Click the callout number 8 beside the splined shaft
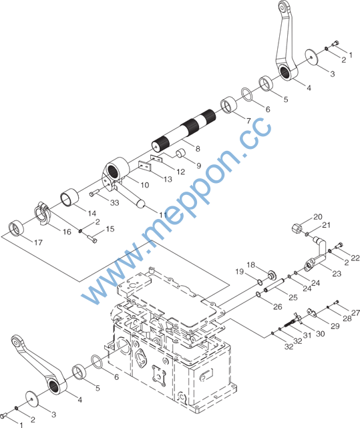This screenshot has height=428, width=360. tap(198, 149)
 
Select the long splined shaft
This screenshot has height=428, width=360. tap(184, 130)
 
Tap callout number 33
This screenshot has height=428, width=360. tap(115, 203)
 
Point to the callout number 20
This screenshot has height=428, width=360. tap(318, 217)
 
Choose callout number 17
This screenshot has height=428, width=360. tap(38, 242)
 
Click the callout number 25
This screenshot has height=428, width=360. tap(293, 297)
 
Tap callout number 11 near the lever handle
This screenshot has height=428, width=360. tap(163, 215)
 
